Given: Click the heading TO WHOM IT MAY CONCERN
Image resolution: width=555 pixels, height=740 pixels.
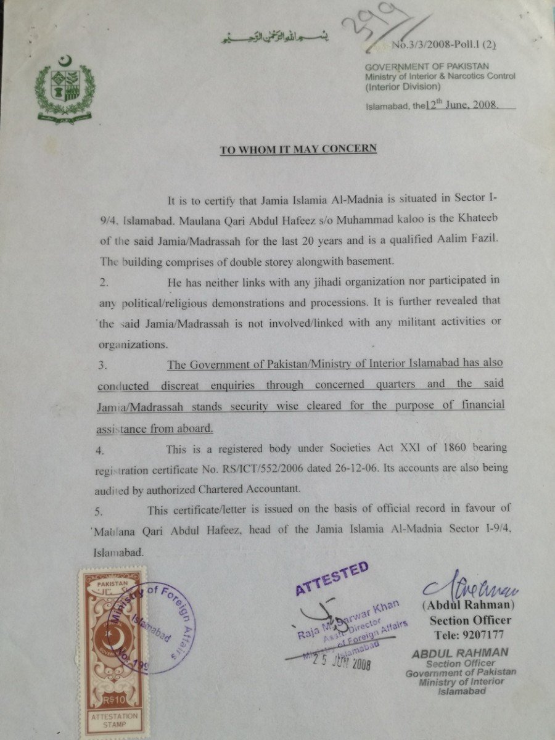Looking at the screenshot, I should coord(298,150).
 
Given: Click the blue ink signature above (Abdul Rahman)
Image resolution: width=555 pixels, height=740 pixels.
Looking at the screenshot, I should coord(470,588).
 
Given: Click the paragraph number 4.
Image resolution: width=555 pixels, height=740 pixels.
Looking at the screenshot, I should coord(101,451).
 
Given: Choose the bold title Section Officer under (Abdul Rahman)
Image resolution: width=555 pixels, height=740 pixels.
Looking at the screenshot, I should coord(470,620).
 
